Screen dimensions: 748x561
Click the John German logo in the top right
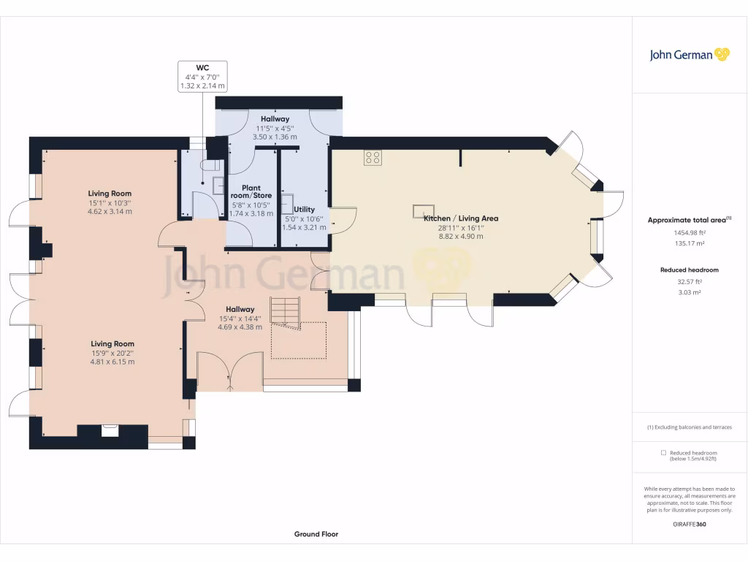coord(690,55)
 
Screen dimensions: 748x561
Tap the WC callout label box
coord(202,76)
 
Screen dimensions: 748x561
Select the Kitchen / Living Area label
coord(461,218)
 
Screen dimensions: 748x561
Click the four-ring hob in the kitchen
coord(373,158)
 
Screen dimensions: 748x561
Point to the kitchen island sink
coord(423,210)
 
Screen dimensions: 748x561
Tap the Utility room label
coord(305,210)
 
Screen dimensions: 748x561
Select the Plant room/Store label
coord(251,192)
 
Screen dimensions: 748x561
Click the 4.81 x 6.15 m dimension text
coord(112,362)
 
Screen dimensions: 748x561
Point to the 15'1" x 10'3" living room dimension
coord(110,203)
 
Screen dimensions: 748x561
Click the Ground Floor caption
coord(316,534)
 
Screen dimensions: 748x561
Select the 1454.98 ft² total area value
coord(690,233)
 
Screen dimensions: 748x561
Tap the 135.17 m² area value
coord(690,243)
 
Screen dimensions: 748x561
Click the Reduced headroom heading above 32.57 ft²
coord(690,270)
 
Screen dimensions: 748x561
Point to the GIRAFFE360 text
coord(690,524)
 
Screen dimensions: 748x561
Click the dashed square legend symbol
coord(663,453)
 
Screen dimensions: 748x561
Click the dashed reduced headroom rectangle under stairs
coord(299,340)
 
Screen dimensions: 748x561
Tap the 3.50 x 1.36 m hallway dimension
coord(275,137)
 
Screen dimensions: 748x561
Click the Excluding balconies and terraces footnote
coord(690,427)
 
